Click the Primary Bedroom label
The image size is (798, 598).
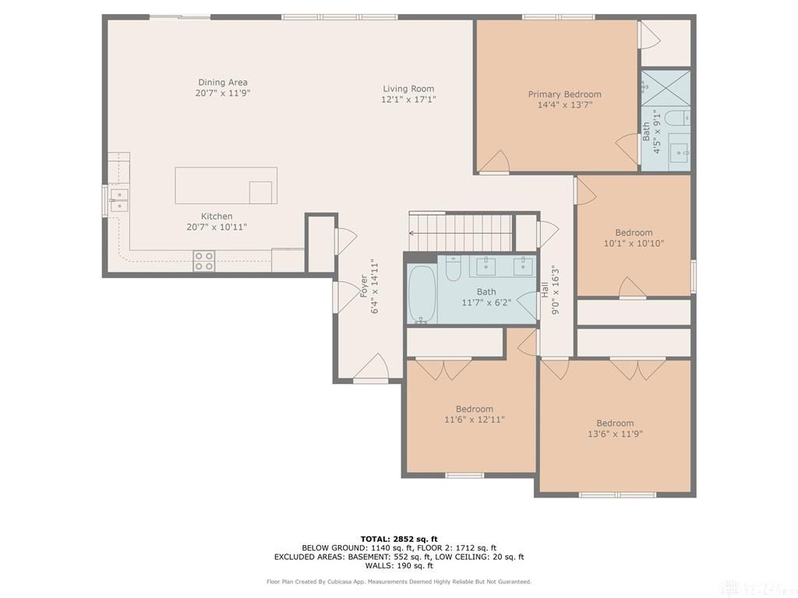point(564,94)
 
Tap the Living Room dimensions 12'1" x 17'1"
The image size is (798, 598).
point(408,99)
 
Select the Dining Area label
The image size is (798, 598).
point(223,82)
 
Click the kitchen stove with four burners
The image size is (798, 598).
point(203,261)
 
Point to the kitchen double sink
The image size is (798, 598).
point(119,200)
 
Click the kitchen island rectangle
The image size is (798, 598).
point(226,185)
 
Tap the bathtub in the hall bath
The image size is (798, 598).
point(422,294)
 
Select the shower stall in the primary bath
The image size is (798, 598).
point(666,87)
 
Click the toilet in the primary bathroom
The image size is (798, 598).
point(678,118)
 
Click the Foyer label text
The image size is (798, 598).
point(363,287)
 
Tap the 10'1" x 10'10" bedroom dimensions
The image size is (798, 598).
point(634,243)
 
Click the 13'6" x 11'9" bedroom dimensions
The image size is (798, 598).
point(615,434)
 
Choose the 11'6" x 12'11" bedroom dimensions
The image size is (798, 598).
point(475,420)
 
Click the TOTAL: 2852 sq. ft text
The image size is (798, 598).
point(399,539)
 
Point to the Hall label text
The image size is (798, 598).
point(545,290)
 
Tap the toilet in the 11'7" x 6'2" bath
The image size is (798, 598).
point(453,268)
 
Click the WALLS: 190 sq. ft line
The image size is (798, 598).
point(399,565)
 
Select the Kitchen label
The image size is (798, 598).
point(217,216)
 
